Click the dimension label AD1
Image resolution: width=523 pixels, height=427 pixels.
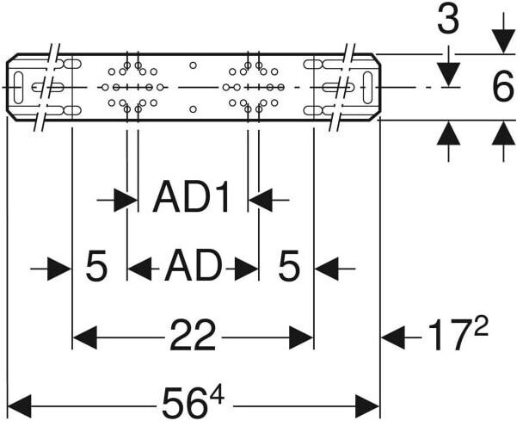click(x=192, y=200)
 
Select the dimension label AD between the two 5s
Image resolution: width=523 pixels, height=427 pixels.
click(x=193, y=268)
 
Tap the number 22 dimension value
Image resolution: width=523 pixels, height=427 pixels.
click(x=192, y=337)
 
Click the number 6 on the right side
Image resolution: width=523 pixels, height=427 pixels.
click(x=502, y=87)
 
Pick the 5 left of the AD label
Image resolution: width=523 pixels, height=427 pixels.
click(x=97, y=268)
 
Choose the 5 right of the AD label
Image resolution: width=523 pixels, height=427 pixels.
click(x=288, y=268)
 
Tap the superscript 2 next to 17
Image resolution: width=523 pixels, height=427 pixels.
click(x=480, y=325)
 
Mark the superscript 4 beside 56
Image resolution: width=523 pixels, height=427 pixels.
click(x=215, y=393)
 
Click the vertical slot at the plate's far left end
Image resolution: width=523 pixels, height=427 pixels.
click(x=36, y=87)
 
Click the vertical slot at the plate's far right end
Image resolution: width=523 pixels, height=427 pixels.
click(x=367, y=87)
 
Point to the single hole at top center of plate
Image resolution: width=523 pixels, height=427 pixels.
click(x=193, y=65)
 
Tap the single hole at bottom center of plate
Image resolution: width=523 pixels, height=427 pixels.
click(x=193, y=109)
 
